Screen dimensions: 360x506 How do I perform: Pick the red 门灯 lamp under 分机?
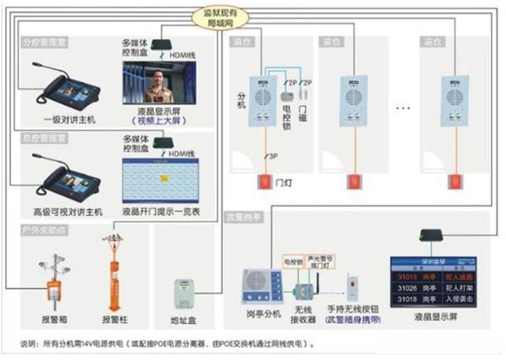[x=262, y=182]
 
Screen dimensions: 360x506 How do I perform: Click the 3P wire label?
[x=274, y=156]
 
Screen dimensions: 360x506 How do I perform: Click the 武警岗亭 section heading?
[x=244, y=215]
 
